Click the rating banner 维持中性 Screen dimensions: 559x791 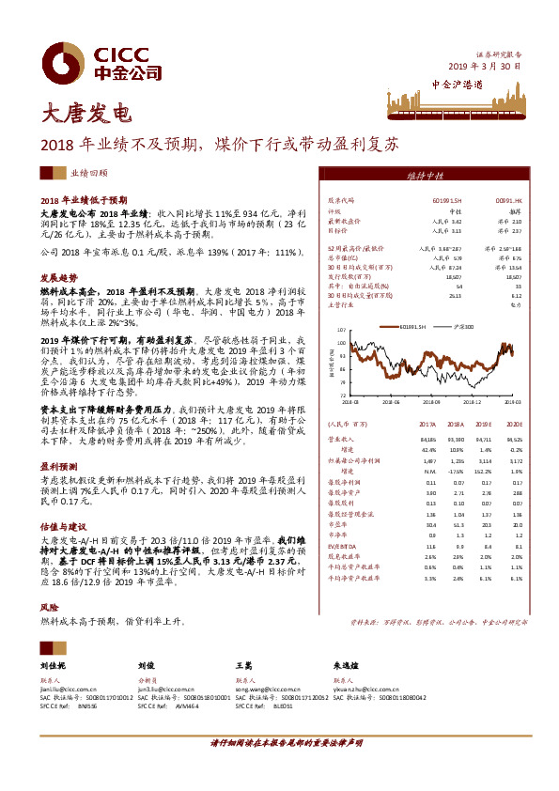pos(425,176)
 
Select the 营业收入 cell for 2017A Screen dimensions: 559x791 pos(427,439)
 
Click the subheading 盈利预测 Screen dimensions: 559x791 pos(58,465)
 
